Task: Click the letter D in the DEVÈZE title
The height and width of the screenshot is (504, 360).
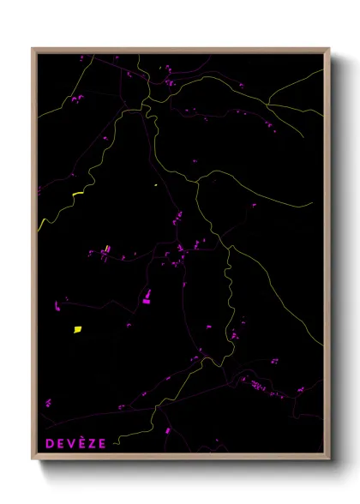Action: click(x=49, y=443)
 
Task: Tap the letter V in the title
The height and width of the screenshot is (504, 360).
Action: click(x=71, y=443)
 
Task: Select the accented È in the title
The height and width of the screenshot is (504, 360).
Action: click(x=81, y=442)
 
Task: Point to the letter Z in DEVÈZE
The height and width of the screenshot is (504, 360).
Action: click(x=92, y=443)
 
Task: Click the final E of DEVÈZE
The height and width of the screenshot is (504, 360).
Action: click(x=102, y=443)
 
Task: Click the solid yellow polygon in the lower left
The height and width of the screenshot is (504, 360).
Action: click(x=77, y=328)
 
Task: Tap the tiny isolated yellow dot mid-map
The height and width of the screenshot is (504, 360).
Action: click(x=155, y=184)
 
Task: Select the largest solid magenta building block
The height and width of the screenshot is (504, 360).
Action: click(x=146, y=298)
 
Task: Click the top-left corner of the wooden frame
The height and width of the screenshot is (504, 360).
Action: click(x=33, y=49)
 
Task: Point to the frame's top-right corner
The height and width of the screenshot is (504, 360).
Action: click(x=329, y=49)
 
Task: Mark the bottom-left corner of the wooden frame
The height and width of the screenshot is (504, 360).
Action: click(x=33, y=455)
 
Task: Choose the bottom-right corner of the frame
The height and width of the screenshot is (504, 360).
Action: click(x=329, y=455)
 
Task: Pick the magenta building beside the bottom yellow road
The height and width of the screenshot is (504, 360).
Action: click(x=168, y=430)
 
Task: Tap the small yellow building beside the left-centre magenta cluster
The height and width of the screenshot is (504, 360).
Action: click(x=107, y=249)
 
